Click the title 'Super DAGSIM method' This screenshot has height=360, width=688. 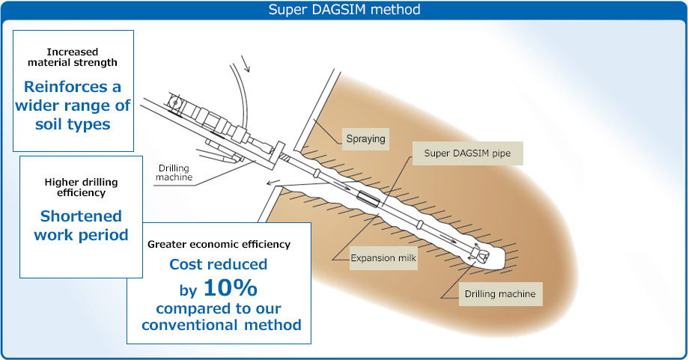(x=344, y=9)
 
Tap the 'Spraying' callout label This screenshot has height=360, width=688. (x=365, y=139)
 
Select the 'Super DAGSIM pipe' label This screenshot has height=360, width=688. (x=467, y=153)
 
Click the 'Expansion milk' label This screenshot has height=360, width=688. (x=383, y=258)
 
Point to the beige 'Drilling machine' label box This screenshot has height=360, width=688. (x=500, y=294)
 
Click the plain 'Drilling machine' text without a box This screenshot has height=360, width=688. (x=174, y=173)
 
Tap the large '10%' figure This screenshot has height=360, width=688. (x=231, y=287)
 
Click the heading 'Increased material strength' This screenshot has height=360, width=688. (x=73, y=57)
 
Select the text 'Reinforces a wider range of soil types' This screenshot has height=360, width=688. (x=73, y=106)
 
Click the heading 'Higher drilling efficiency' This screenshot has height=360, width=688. (x=81, y=187)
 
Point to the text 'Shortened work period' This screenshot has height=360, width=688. (x=81, y=225)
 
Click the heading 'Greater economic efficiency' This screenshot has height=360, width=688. (x=219, y=244)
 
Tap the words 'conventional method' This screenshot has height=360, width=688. (x=221, y=325)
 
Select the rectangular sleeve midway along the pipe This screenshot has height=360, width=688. (x=368, y=198)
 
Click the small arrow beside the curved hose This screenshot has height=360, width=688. (x=246, y=63)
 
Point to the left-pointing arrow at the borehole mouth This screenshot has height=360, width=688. (x=273, y=182)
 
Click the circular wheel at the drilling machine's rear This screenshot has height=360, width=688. (x=175, y=103)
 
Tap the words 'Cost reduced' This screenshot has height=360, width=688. (x=219, y=264)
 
